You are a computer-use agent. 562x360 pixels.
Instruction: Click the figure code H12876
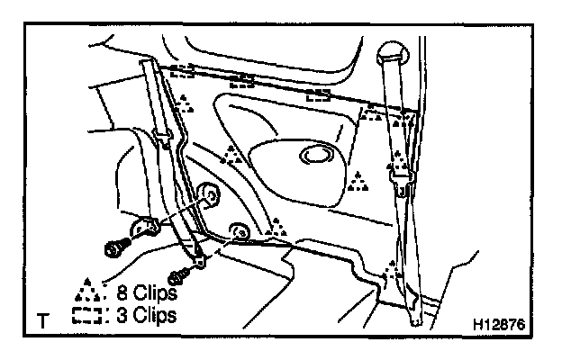point(502,321)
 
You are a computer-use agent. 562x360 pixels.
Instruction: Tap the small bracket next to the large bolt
point(144,229)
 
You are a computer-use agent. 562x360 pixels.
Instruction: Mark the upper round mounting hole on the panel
point(208,193)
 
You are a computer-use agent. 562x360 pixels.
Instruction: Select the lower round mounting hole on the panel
point(240,231)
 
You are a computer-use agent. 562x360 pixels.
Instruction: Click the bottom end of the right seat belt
point(415,315)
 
